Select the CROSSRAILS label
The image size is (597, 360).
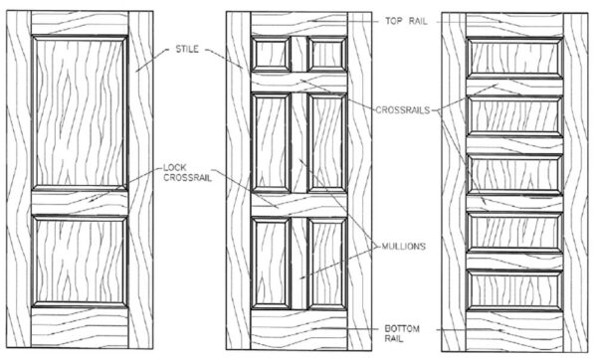point(402,109)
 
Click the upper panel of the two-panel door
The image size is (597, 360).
point(80,108)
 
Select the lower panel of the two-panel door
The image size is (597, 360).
point(80,261)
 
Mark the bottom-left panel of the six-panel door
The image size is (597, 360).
point(270,261)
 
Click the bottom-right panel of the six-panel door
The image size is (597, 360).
point(324,261)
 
